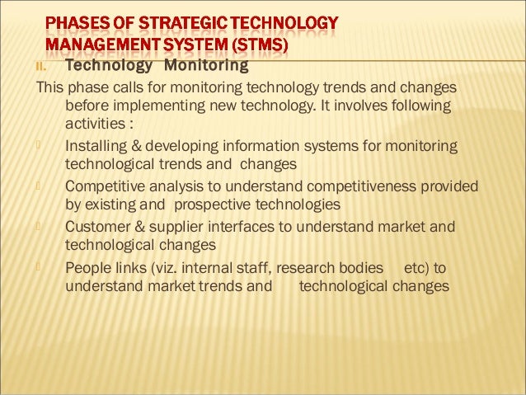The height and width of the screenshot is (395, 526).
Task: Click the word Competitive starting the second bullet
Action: pos(106,187)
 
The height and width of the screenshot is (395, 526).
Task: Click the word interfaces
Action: pos(253,227)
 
